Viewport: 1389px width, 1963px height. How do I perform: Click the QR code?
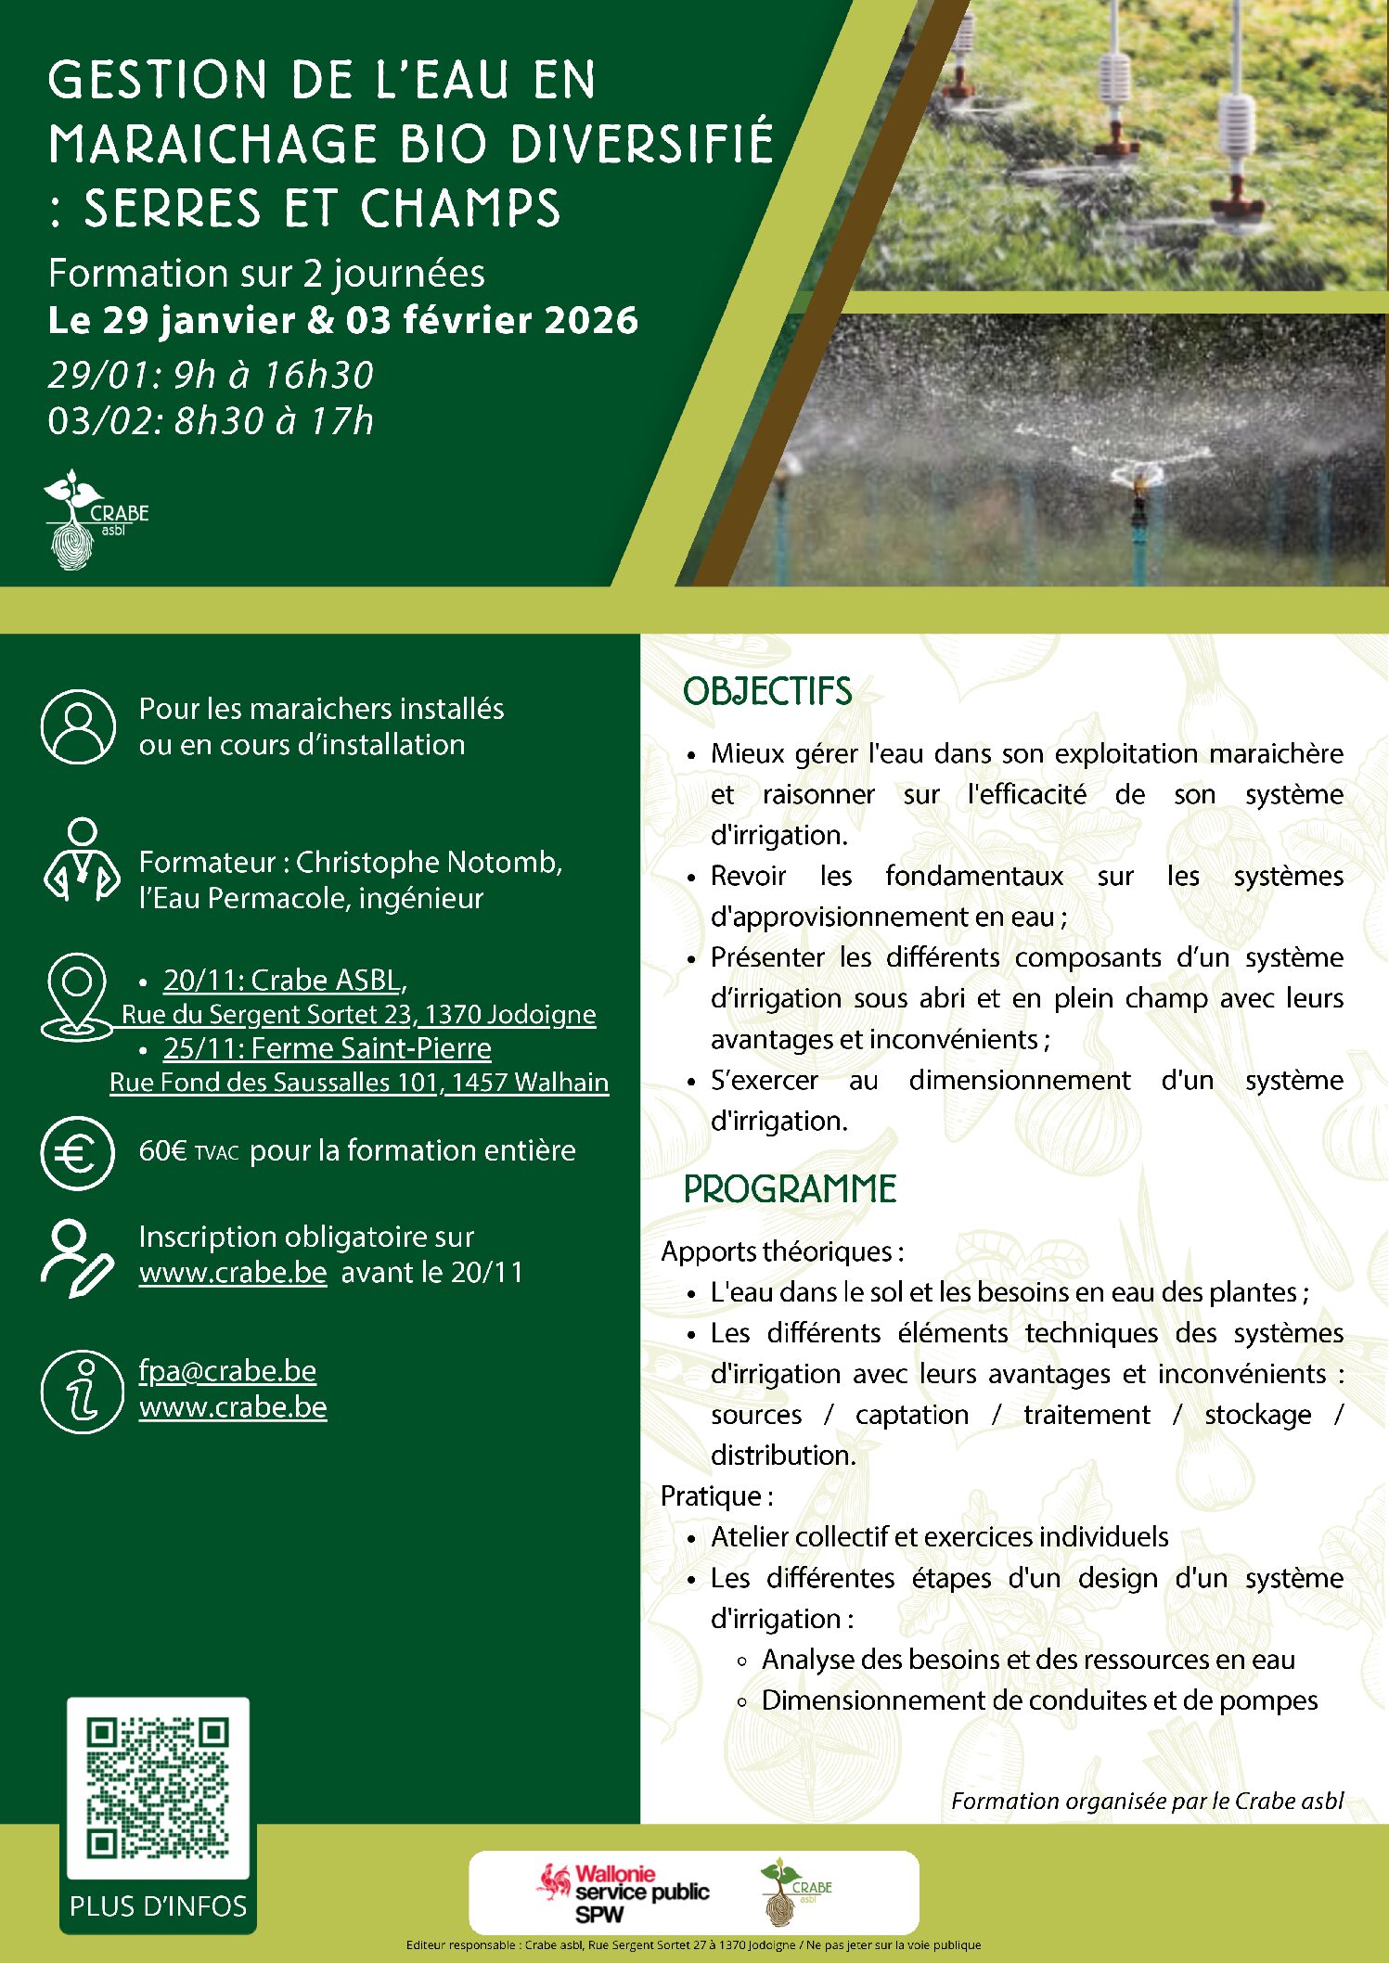[158, 1787]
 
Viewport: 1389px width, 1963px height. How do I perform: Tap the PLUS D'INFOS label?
[158, 1905]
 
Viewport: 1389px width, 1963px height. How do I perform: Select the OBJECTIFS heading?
[767, 692]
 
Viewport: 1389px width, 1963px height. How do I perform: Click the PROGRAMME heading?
[790, 1189]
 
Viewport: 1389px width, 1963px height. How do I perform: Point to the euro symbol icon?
[78, 1153]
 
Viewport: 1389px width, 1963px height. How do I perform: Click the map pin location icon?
[77, 996]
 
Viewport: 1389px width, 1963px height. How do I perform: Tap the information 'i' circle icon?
[82, 1391]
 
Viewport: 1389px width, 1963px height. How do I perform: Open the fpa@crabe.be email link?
[227, 1371]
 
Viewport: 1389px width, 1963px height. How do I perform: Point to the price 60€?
[163, 1151]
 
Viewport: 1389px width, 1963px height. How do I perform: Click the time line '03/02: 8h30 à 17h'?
[211, 421]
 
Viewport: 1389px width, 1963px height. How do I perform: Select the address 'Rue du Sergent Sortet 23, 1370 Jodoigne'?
[358, 1014]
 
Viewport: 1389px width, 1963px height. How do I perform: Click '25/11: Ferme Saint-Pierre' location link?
[327, 1048]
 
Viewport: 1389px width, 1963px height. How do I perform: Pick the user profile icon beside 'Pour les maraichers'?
[78, 726]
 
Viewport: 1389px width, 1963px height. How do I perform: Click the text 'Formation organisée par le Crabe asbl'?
[1147, 1801]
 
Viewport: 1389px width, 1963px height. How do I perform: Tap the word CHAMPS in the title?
[460, 208]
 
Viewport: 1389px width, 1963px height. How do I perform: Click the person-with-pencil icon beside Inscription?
[76, 1256]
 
